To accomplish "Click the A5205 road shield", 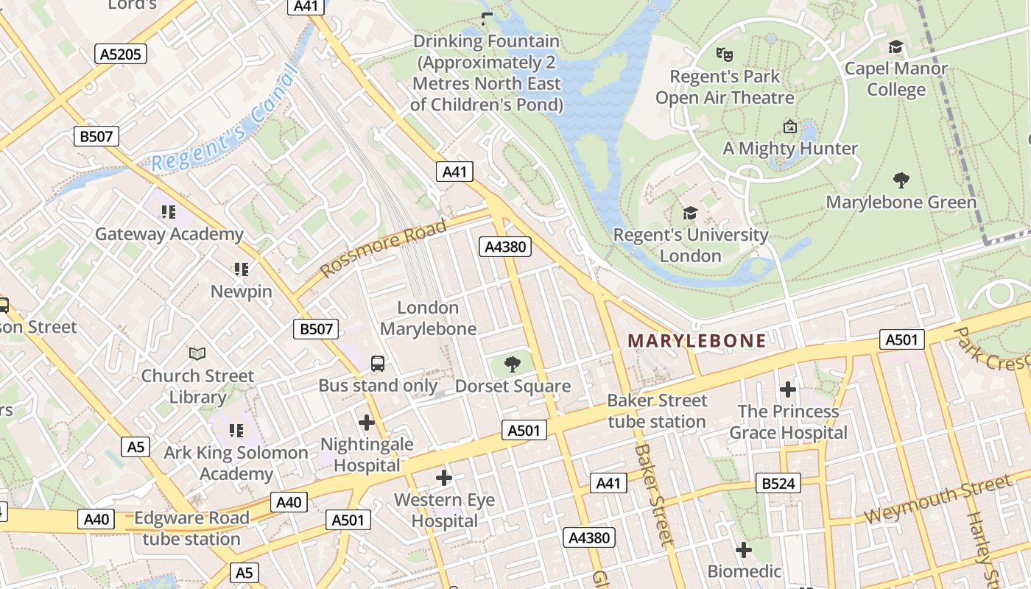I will pyautogui.click(x=122, y=53).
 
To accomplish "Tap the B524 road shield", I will pyautogui.click(x=778, y=483).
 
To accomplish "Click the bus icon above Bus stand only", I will pyautogui.click(x=377, y=363).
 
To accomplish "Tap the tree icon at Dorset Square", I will pyautogui.click(x=513, y=364).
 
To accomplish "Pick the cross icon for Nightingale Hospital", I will pyautogui.click(x=366, y=423).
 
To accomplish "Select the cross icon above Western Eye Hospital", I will pyautogui.click(x=444, y=478).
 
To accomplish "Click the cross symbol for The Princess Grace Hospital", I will pyautogui.click(x=788, y=389).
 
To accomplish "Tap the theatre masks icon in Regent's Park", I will pyautogui.click(x=725, y=54).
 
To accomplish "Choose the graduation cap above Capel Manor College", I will pyautogui.click(x=895, y=47).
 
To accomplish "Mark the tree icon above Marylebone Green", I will pyautogui.click(x=901, y=180).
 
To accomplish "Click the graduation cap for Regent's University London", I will pyautogui.click(x=690, y=213).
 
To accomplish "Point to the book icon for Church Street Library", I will pyautogui.click(x=197, y=353).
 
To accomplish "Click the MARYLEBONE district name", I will pyautogui.click(x=697, y=340).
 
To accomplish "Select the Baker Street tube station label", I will pyautogui.click(x=657, y=411).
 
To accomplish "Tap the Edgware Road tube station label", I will pyautogui.click(x=191, y=528).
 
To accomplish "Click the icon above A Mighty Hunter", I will pyautogui.click(x=790, y=127).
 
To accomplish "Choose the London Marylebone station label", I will pyautogui.click(x=428, y=318).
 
